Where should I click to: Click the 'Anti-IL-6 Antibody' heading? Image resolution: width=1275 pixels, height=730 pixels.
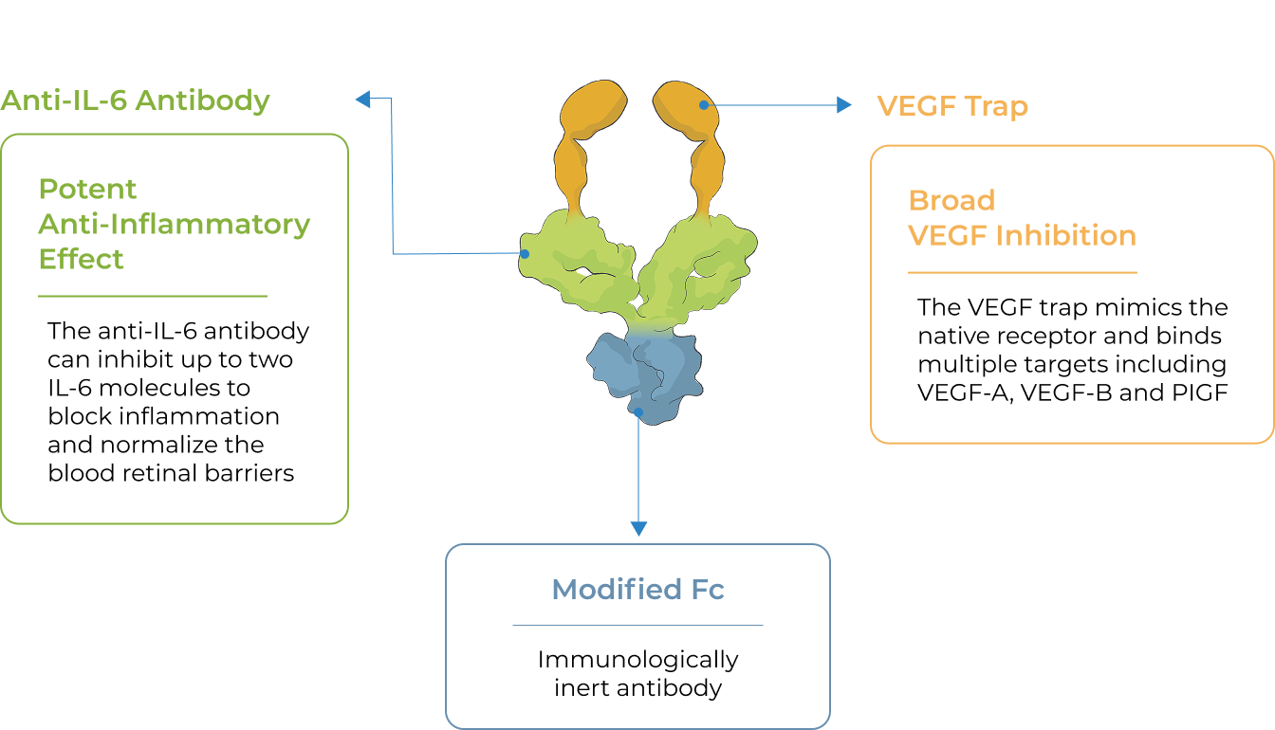136,100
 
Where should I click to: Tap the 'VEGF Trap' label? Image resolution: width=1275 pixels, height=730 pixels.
952,106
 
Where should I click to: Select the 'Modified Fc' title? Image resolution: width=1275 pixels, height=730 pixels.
637,590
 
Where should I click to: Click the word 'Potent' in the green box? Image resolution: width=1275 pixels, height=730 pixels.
87,189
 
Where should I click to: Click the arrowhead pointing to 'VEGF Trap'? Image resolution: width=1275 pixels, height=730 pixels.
844,105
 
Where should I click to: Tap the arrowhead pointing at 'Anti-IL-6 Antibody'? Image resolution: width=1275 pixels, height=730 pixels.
362,98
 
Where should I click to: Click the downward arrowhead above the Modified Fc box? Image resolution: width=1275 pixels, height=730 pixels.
639,528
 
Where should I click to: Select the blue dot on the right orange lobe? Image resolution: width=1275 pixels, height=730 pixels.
704,105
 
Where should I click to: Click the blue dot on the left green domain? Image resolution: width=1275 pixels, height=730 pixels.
524,254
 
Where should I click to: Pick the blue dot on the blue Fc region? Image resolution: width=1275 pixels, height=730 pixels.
639,412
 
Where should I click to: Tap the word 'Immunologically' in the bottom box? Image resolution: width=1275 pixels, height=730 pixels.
637,659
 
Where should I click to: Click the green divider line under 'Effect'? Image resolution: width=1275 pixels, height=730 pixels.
153,297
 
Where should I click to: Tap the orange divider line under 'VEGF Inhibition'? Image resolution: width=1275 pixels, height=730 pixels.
1022,273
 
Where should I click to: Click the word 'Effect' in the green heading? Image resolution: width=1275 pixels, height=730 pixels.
82,259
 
